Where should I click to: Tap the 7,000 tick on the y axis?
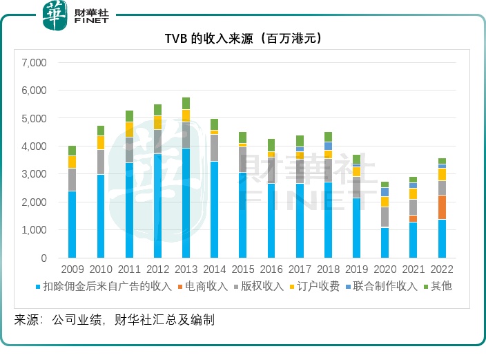pyautogui.click(x=33, y=63)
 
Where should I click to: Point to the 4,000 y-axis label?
pyautogui.click(x=33, y=146)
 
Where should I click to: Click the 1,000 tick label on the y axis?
pyautogui.click(x=33, y=230)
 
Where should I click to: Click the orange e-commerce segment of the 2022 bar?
pyautogui.click(x=442, y=207)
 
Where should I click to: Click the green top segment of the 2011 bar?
pyautogui.click(x=129, y=116)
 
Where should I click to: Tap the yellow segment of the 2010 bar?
pyautogui.click(x=101, y=142)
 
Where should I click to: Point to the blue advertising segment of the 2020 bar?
pyautogui.click(x=385, y=243)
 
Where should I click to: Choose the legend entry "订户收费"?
pyautogui.click(x=318, y=286)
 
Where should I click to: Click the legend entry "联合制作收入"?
pyautogui.click(x=386, y=286)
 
